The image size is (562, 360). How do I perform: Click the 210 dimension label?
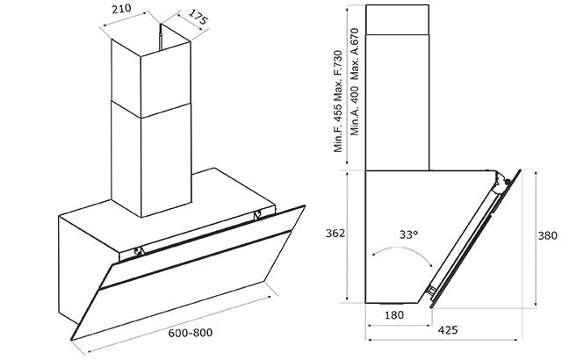(x=121, y=9)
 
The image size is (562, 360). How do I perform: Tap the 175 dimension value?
(x=198, y=18)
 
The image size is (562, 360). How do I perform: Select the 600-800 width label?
(x=191, y=333)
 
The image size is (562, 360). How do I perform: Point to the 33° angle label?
(x=409, y=234)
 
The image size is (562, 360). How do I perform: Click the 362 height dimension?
(x=335, y=234)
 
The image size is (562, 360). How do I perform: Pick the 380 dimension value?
(x=548, y=235)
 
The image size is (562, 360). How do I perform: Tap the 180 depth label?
(x=394, y=315)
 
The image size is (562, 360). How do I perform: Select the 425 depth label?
(x=448, y=329)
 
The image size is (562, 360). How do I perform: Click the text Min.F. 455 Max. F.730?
(x=338, y=101)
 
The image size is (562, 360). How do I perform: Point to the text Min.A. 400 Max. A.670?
(x=355, y=82)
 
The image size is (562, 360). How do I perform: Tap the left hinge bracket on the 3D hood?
(x=139, y=251)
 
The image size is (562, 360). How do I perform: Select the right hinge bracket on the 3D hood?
(x=257, y=216)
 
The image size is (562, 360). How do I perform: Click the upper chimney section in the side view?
(x=397, y=19)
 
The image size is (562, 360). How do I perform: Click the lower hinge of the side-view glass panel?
(x=431, y=291)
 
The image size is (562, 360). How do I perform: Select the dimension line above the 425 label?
(x=443, y=339)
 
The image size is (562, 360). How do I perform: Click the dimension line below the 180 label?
(x=399, y=325)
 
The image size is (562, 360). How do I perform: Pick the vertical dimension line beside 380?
(x=535, y=239)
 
